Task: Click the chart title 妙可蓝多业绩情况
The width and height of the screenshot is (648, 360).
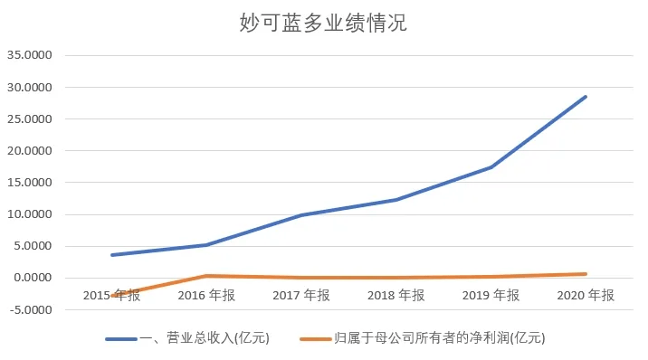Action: pos(323,23)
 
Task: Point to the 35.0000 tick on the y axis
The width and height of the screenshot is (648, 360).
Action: pos(33,55)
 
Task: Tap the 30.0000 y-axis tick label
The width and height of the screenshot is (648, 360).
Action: pos(33,88)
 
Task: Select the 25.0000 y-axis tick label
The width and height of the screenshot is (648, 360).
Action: pos(33,119)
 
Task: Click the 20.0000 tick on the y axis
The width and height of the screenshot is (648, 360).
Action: pos(33,151)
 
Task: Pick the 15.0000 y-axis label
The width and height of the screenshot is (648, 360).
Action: pos(33,183)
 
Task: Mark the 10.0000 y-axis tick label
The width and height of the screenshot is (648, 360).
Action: pos(33,214)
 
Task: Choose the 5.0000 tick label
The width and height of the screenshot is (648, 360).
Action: pos(35,246)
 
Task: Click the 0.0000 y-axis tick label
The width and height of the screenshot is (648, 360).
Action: pos(35,278)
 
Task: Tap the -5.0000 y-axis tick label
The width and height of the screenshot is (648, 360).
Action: pos(33,309)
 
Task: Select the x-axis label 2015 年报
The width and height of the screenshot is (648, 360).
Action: pos(111,295)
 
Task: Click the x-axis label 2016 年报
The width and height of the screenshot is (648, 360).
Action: pos(206,295)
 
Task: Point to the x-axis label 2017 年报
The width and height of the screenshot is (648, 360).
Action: pos(301,295)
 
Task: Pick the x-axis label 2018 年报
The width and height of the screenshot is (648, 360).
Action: pos(395,295)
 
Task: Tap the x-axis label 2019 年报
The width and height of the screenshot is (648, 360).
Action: pos(491,295)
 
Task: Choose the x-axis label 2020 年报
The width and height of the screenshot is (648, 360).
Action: pos(585,295)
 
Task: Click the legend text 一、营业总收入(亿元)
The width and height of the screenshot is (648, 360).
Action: pos(205,338)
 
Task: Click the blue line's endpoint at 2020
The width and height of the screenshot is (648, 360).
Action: pos(586,97)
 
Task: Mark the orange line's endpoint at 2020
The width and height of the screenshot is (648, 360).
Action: pos(586,274)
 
